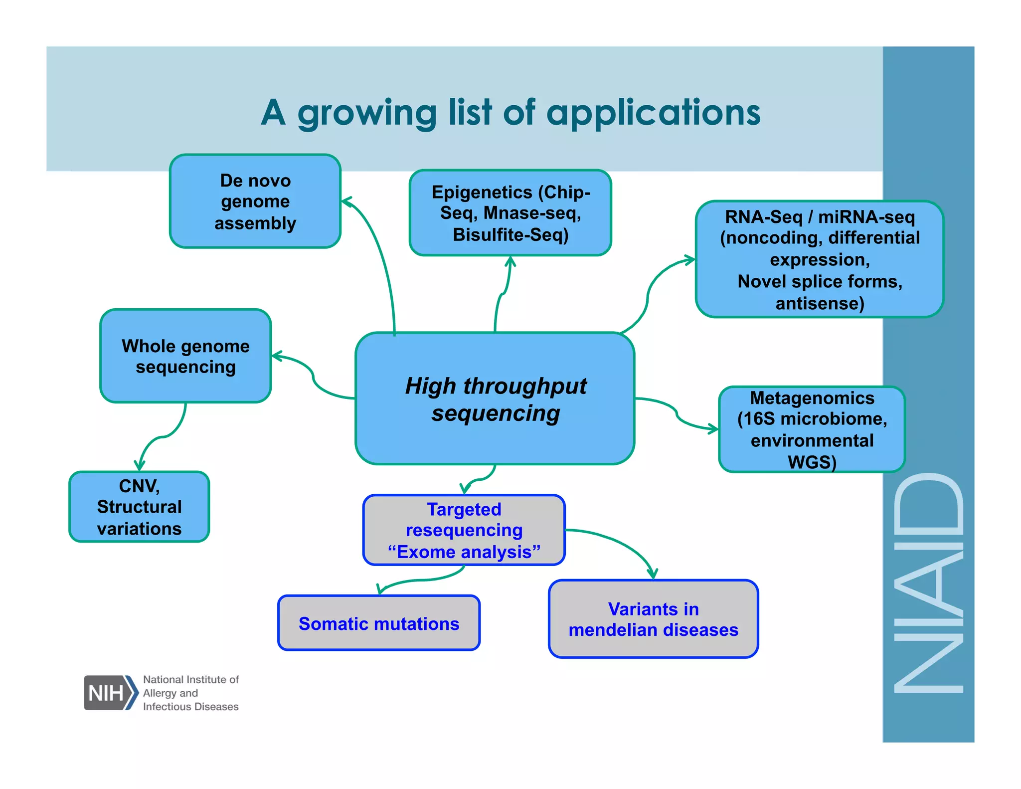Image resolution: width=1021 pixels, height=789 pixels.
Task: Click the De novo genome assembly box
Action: pyautogui.click(x=255, y=201)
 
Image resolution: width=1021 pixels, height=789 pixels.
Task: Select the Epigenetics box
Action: pyautogui.click(x=510, y=213)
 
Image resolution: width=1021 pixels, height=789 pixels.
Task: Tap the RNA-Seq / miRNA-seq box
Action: pyautogui.click(x=819, y=259)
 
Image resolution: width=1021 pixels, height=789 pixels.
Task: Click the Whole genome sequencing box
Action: pyautogui.click(x=185, y=356)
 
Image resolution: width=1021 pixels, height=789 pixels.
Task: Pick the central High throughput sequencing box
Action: pyautogui.click(x=495, y=399)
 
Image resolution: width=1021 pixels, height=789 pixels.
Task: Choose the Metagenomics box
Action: pyautogui.click(x=812, y=429)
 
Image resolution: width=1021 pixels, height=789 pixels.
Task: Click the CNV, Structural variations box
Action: pyautogui.click(x=139, y=507)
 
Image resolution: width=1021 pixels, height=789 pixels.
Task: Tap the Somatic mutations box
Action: pyautogui.click(x=378, y=623)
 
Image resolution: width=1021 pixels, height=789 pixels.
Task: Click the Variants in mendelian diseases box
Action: pyautogui.click(x=653, y=619)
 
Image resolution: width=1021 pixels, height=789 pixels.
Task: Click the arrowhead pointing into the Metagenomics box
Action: pyautogui.click(x=713, y=428)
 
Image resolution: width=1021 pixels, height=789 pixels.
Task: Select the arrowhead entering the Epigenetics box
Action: pyautogui.click(x=510, y=261)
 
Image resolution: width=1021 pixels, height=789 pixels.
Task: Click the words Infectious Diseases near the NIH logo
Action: pyautogui.click(x=190, y=707)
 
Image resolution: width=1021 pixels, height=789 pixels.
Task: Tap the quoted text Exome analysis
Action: pyautogui.click(x=464, y=552)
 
